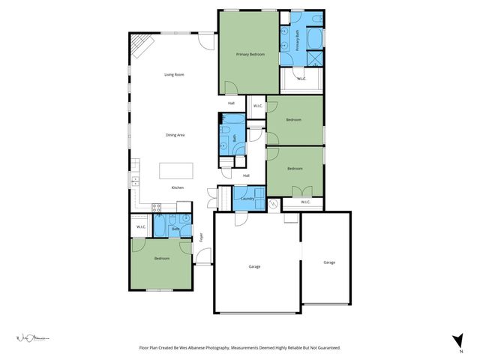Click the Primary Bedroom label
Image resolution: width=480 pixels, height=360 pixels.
click(x=250, y=55)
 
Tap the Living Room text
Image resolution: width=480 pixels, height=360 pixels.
click(x=175, y=74)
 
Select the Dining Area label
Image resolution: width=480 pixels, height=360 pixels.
click(x=175, y=135)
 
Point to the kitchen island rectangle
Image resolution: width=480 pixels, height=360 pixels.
click(x=175, y=171)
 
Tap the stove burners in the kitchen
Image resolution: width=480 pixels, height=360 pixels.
click(x=157, y=208)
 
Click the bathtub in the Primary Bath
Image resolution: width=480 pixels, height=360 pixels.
click(x=313, y=37)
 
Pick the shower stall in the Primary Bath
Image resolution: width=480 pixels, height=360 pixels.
click(x=313, y=58)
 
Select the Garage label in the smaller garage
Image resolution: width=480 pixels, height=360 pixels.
click(x=329, y=262)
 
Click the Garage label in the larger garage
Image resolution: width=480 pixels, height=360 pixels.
click(x=254, y=266)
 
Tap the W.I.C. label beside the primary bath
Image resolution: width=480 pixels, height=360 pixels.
click(x=301, y=78)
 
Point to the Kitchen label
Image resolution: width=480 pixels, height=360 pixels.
click(x=177, y=187)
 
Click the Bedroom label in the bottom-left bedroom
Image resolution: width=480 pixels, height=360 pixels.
click(x=162, y=259)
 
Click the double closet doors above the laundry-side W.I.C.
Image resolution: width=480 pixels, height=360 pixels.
click(x=301, y=190)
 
